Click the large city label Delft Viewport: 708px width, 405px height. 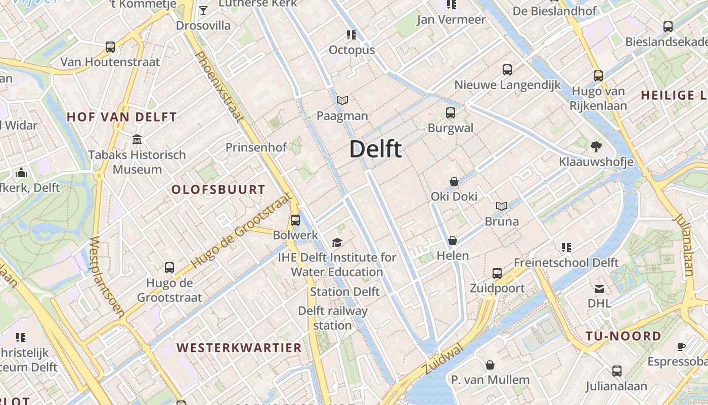(375, 149)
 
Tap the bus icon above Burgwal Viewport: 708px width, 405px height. (450, 113)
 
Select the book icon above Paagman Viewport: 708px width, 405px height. (342, 101)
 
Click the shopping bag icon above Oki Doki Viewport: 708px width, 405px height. (454, 182)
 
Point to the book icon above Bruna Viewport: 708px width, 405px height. (502, 207)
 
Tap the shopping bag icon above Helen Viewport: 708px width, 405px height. (453, 240)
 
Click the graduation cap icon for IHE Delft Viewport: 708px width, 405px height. (337, 243)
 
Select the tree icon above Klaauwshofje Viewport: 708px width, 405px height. (596, 147)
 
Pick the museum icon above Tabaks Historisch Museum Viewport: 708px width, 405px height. (137, 139)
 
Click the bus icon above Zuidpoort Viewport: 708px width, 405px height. (497, 273)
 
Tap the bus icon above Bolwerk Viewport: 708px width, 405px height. (295, 220)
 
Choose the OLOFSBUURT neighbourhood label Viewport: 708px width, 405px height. (218, 190)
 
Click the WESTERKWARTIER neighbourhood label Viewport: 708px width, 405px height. (239, 348)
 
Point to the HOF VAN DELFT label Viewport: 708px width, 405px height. (122, 117)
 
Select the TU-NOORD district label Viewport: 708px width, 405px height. (623, 336)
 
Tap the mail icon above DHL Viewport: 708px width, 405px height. (599, 289)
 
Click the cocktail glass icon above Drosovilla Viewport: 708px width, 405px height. (203, 11)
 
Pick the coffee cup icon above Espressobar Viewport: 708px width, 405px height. (681, 347)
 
